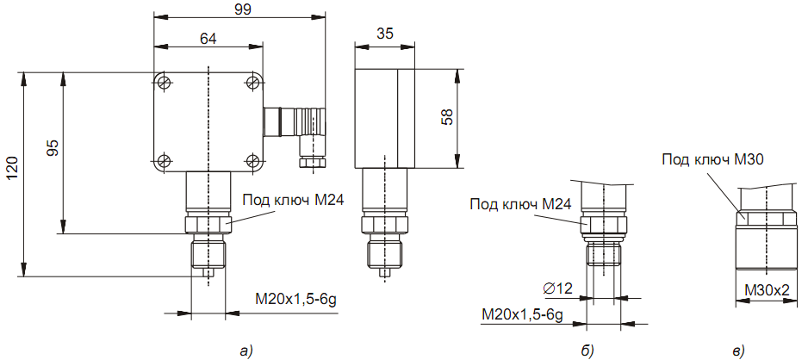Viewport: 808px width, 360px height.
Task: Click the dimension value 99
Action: (x=240, y=10)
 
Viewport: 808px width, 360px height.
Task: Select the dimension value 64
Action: (x=208, y=39)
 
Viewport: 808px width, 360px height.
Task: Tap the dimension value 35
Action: (x=385, y=34)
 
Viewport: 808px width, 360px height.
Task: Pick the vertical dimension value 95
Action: (x=53, y=148)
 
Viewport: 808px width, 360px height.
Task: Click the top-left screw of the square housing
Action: (x=164, y=82)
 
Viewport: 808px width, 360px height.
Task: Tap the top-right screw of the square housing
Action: (x=253, y=82)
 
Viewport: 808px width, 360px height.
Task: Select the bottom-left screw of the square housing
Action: (x=164, y=160)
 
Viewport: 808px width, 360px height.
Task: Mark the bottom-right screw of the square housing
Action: (x=253, y=160)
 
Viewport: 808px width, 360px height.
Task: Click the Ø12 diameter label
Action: (x=558, y=289)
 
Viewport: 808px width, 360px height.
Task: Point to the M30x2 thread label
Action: (x=768, y=290)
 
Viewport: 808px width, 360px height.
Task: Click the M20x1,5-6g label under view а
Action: (x=296, y=299)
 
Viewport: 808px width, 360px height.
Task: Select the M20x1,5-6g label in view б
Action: (x=521, y=313)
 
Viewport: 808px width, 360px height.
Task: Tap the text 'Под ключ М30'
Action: (x=712, y=159)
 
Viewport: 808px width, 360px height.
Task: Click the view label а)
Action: (x=247, y=351)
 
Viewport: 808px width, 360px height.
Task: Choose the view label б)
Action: (x=587, y=351)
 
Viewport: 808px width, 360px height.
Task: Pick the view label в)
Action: (x=738, y=351)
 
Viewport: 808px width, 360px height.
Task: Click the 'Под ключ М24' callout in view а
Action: (x=293, y=200)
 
